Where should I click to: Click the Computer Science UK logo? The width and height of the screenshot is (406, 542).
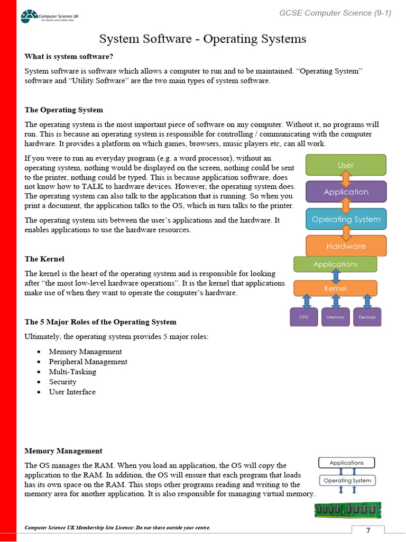[x=49, y=16]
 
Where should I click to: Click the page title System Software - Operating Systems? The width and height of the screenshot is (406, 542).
[x=203, y=39]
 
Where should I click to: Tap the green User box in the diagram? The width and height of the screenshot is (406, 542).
[x=346, y=165]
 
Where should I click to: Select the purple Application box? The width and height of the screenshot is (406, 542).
[x=346, y=192]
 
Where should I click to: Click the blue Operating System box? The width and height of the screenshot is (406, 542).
[x=346, y=219]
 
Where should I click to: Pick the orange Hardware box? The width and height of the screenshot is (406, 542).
[x=346, y=246]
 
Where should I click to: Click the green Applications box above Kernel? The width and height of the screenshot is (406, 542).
[x=335, y=264]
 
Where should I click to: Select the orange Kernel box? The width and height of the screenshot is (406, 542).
[x=335, y=288]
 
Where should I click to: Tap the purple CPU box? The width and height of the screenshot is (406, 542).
[x=304, y=317]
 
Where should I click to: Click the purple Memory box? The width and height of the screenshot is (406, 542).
[x=335, y=317]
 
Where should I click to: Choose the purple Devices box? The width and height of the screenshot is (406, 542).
[x=367, y=317]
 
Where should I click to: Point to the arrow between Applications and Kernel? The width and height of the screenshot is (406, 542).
[x=335, y=276]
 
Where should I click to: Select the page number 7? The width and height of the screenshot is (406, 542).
[x=368, y=531]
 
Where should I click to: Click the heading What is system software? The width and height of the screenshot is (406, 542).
[x=69, y=57]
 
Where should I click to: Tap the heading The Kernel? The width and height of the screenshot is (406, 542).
[x=44, y=259]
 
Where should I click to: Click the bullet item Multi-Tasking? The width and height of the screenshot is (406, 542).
[x=72, y=372]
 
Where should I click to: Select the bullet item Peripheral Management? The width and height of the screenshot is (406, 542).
[x=88, y=362]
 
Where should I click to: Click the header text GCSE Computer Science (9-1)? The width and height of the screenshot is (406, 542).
[x=335, y=13]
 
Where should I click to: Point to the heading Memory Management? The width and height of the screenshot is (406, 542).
[x=63, y=451]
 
